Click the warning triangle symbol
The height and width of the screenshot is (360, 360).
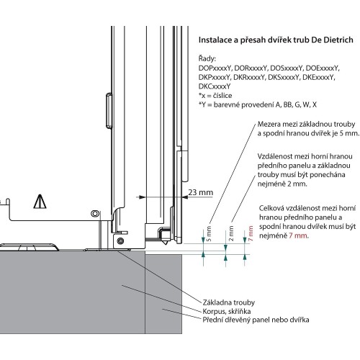pos(40,202)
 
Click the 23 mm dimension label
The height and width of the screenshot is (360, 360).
pos(200,192)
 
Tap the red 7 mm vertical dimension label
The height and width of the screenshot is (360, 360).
pos(251,233)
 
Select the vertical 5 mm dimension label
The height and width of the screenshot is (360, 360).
pos(209,233)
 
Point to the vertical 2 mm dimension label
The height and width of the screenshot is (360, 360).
pos(231,233)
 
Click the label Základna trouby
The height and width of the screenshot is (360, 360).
pos(229,302)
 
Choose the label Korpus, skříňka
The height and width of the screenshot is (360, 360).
pos(227,311)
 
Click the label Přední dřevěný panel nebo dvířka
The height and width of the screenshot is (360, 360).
pos(256,320)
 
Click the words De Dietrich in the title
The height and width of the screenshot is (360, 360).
pos(332,40)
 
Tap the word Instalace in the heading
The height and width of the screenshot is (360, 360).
pos(214,40)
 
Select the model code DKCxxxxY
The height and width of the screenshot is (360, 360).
pos(215,86)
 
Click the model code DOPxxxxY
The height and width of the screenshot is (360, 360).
pos(215,68)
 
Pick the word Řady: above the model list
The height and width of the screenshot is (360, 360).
pos(207,58)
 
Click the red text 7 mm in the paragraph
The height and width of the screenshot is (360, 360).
pos(298,235)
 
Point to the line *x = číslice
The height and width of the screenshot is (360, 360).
pos(215,96)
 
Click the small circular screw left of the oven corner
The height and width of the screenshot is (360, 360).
pos(94,213)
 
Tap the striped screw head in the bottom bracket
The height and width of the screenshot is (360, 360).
pos(121,240)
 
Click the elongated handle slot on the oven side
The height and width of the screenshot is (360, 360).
pos(109,110)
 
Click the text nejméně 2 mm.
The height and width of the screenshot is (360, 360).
pos(282,184)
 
